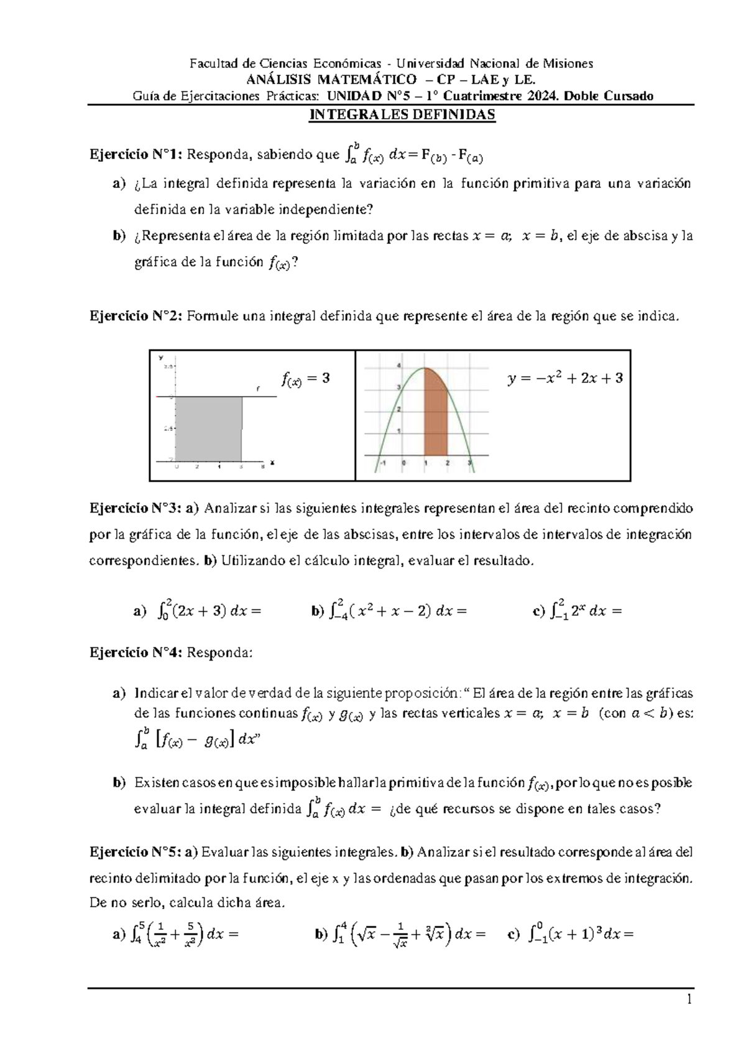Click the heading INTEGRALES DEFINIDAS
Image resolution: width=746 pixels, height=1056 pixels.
[x=402, y=115]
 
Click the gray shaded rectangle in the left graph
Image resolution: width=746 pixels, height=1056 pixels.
[x=208, y=429]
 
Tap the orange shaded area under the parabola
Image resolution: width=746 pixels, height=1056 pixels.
[x=436, y=417]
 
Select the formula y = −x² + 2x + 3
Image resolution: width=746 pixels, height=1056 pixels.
[x=565, y=378]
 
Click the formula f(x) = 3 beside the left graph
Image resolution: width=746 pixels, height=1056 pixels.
[x=306, y=378]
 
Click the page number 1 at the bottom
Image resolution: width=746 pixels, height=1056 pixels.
[x=689, y=1000]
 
